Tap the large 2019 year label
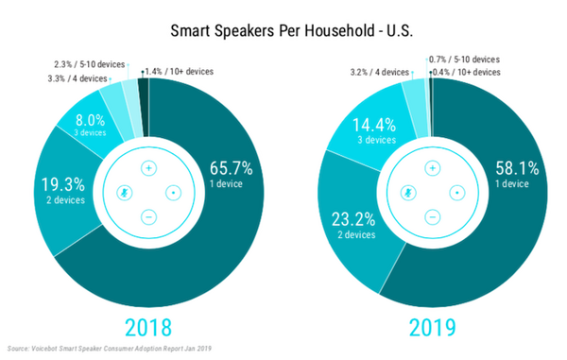432,328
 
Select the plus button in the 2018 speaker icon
148,167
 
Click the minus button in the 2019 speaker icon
432,217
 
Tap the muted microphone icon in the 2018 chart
124,192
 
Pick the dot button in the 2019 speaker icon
457,192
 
